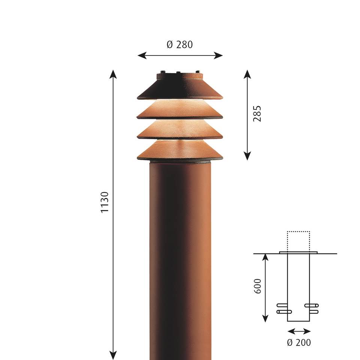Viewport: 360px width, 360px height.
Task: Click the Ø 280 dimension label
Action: coord(180,45)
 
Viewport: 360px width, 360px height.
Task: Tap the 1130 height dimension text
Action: coord(105,202)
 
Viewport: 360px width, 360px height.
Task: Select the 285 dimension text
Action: coord(257,114)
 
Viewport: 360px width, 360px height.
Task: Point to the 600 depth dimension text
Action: coord(258,286)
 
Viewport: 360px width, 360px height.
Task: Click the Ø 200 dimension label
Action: coord(299,342)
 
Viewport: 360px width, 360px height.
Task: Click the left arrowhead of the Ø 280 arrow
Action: coord(142,55)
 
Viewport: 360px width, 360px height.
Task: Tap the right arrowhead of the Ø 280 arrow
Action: coord(218,55)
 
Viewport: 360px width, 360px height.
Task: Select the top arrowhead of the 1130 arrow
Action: coord(113,74)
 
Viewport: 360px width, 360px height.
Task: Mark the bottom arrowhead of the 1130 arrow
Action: coord(113,355)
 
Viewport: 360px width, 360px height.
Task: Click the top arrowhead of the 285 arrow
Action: coord(247,74)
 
